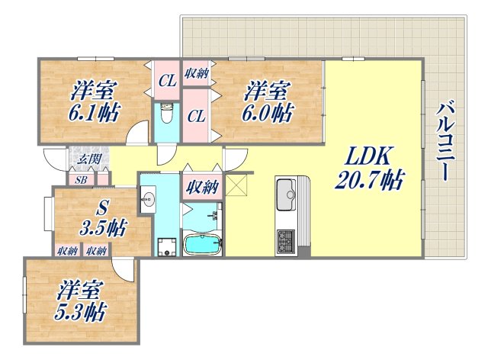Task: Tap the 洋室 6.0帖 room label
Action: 268,102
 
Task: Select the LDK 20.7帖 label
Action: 371,169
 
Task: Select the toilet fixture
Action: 167,117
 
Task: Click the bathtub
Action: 202,245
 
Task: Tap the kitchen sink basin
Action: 287,191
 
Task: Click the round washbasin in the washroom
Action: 148,200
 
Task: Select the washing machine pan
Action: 164,246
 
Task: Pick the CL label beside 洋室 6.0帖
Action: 197,116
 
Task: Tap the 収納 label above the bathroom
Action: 201,185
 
